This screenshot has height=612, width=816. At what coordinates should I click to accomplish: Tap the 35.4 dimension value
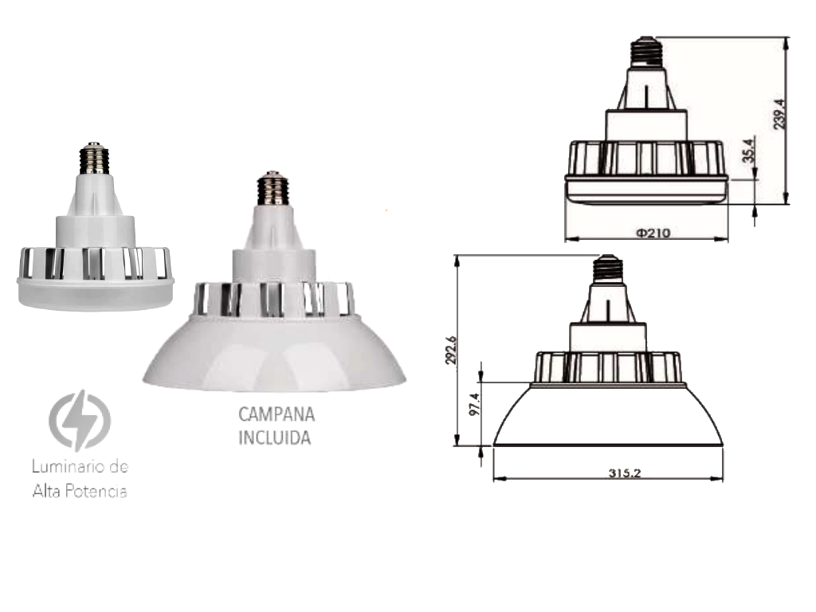pos(747,151)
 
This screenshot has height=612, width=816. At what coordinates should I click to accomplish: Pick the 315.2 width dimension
pos(625,473)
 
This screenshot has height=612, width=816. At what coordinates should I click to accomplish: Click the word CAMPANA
pos(277,415)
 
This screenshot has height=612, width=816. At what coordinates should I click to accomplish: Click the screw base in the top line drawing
pos(646,53)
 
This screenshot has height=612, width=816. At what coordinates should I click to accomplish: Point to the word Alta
pos(46,492)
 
